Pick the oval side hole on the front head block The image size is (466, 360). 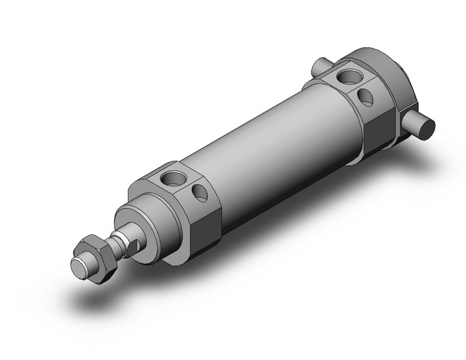pyautogui.click(x=199, y=194)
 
